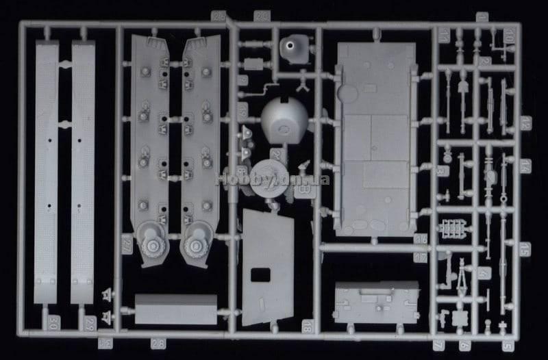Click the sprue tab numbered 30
point(53,320)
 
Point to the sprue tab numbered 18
point(306,326)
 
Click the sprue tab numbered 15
point(525,248)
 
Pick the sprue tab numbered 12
point(525,123)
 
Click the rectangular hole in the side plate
point(261,275)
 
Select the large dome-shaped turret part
point(284,123)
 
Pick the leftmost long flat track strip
point(46,171)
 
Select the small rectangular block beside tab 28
point(176,309)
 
